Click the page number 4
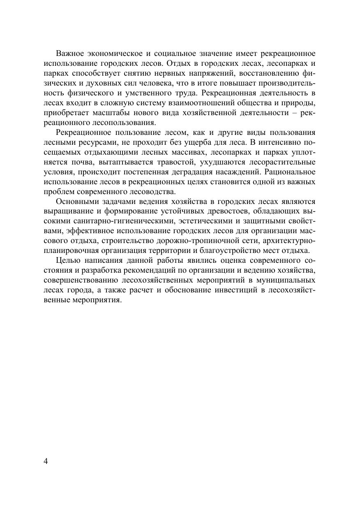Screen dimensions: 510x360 [46, 461]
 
